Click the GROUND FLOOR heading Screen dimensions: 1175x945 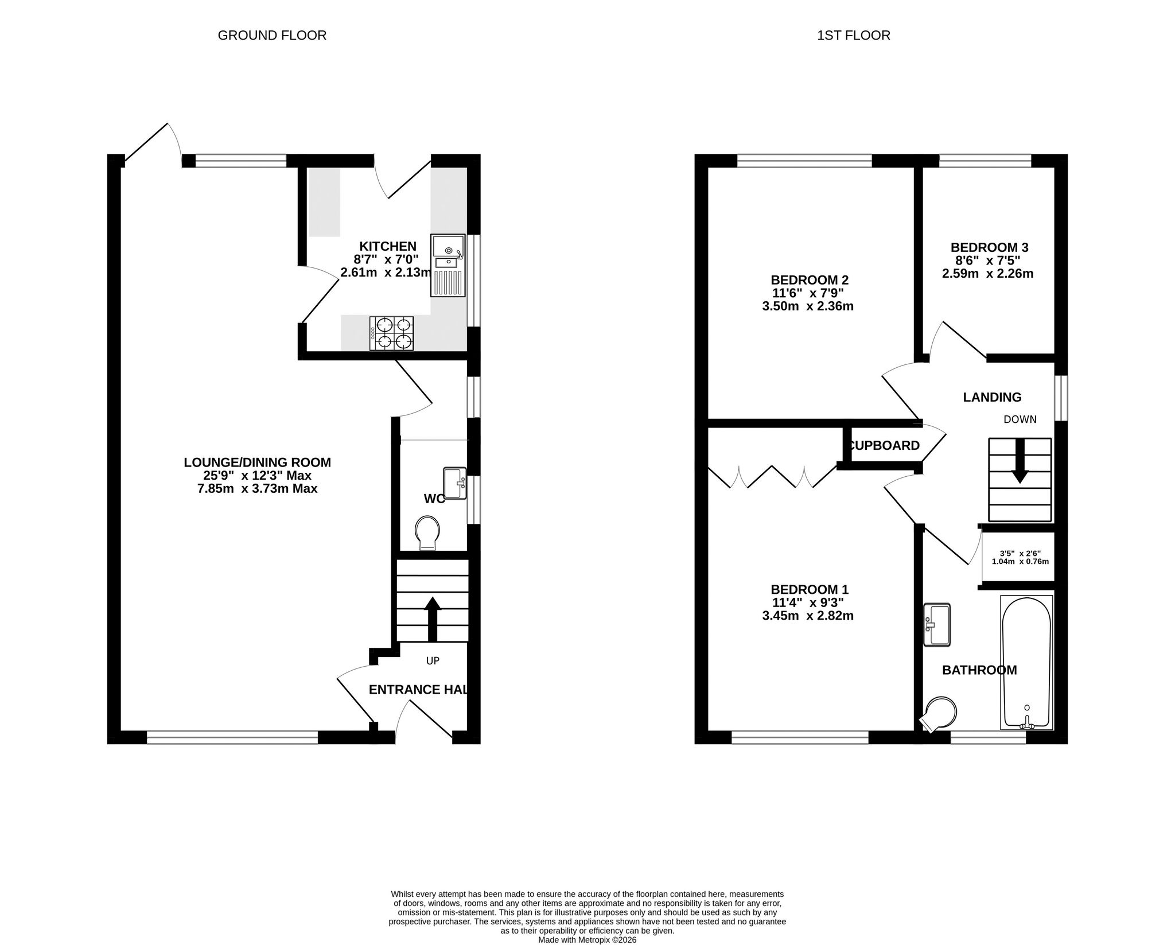click(x=272, y=36)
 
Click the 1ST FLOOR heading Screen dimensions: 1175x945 click(x=854, y=36)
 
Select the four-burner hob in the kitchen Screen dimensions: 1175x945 click(x=392, y=333)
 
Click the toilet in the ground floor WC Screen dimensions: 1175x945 click(x=427, y=533)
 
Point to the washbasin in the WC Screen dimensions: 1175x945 click(x=456, y=484)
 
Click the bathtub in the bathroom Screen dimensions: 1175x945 click(x=1026, y=662)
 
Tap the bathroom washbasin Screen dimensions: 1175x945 click(x=937, y=625)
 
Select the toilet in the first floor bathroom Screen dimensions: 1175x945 click(x=939, y=715)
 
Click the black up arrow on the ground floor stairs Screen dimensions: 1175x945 click(x=433, y=619)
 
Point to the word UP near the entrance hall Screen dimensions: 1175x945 click(x=433, y=661)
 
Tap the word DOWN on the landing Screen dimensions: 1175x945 click(x=1020, y=419)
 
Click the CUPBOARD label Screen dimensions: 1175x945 click(x=884, y=446)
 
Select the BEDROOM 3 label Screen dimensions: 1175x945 click(x=989, y=248)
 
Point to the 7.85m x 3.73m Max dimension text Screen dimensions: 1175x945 click(x=257, y=489)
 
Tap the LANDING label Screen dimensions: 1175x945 click(x=992, y=397)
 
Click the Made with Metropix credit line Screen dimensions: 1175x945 click(x=587, y=940)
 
